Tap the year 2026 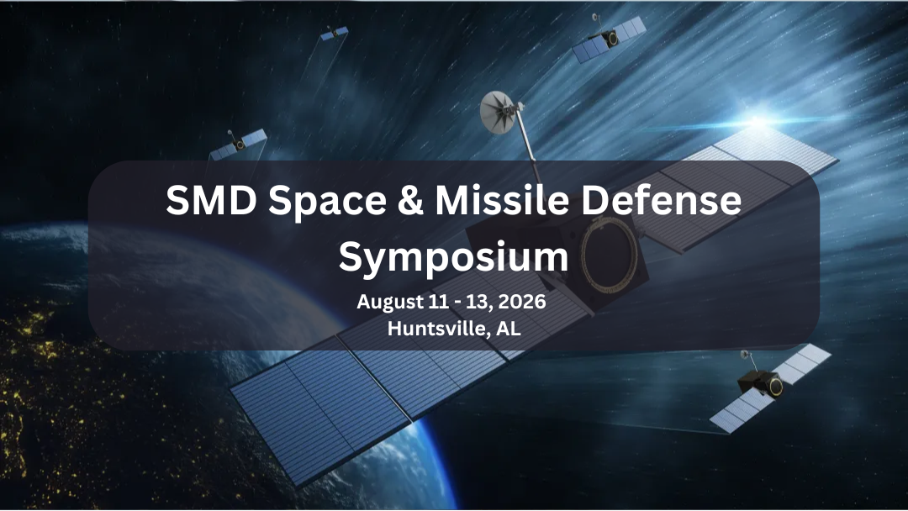[524, 302]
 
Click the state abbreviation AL [508, 329]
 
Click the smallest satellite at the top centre [334, 33]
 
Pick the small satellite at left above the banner [238, 145]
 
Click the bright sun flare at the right [759, 123]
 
